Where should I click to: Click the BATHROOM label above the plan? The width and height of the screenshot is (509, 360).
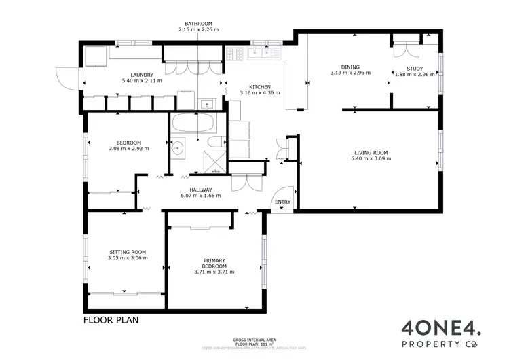(197, 23)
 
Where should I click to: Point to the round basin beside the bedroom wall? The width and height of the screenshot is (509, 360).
(179, 147)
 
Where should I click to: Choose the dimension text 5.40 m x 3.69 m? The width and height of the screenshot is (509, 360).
(371, 158)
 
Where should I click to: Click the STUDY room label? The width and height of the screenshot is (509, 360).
(414, 69)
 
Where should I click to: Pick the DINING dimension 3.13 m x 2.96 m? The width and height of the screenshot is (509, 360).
(350, 73)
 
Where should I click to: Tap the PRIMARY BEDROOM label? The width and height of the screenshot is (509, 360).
(214, 263)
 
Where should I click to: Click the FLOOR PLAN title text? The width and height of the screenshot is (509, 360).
(111, 319)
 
